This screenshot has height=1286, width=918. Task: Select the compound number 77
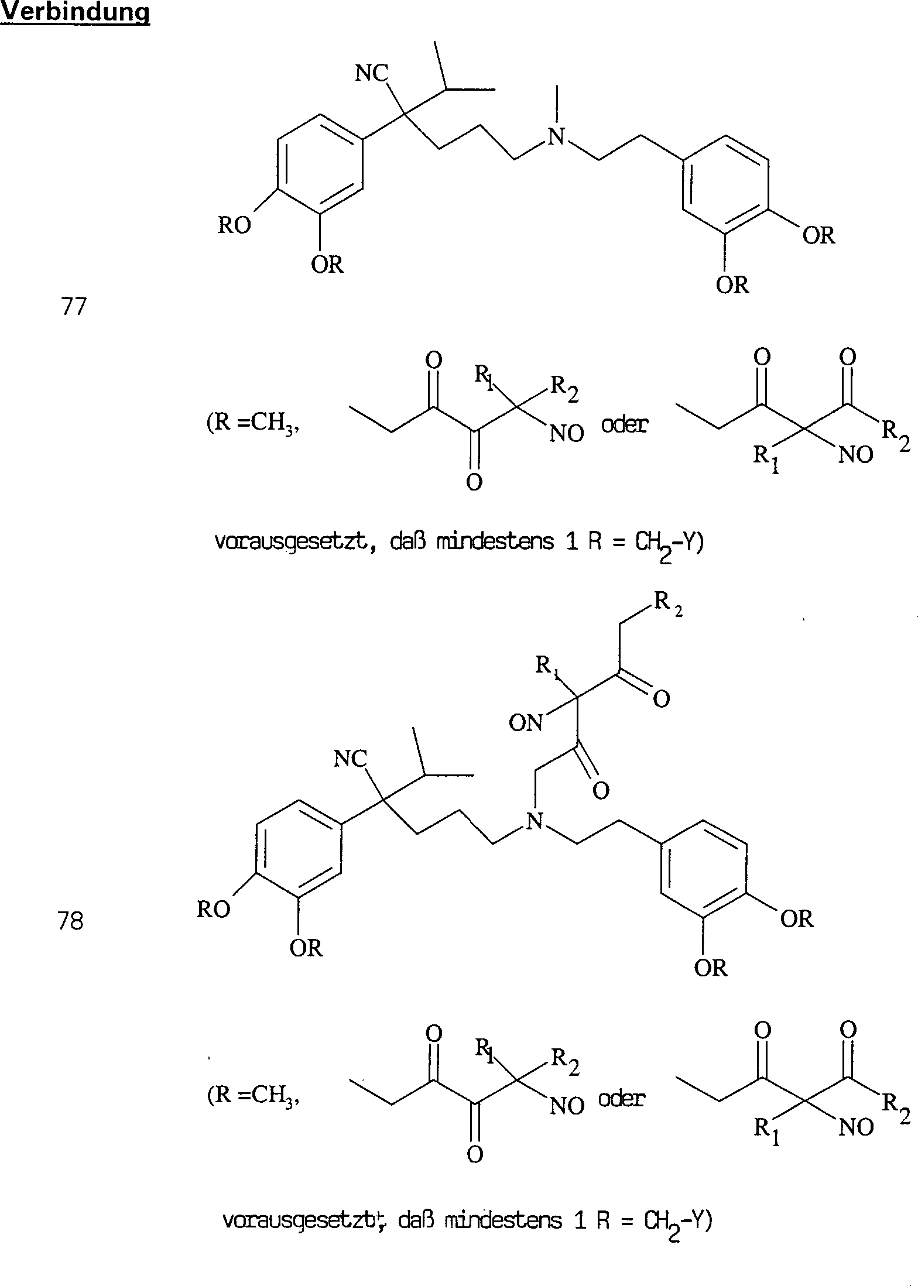click(x=73, y=307)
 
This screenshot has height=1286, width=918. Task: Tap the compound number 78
click(x=70, y=922)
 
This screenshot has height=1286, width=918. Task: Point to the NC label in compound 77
click(x=372, y=74)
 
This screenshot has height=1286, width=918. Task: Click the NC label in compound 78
click(x=350, y=759)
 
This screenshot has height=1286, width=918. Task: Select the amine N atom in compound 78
click(x=534, y=821)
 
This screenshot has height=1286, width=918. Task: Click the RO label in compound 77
click(x=234, y=225)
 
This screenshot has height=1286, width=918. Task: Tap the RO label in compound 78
click(x=213, y=910)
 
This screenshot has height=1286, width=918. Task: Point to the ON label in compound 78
click(x=525, y=723)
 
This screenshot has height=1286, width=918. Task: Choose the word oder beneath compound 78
click(x=621, y=1099)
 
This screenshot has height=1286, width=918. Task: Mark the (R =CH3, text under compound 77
click(x=254, y=423)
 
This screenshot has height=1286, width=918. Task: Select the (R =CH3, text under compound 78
click(x=254, y=1096)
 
